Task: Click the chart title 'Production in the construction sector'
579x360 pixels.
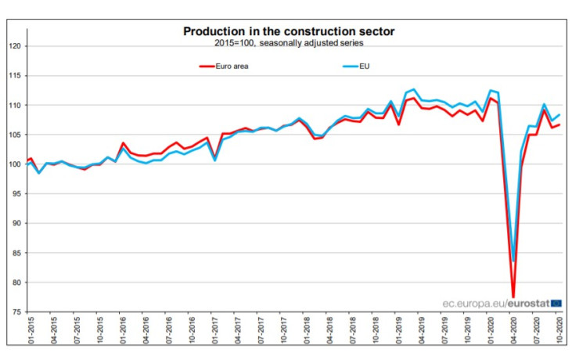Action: tap(289, 31)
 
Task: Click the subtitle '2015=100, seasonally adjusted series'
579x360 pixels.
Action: tap(289, 43)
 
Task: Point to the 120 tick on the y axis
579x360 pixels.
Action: tap(14, 46)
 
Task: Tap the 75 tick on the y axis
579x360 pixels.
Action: tap(16, 312)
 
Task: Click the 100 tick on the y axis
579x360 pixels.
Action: tap(14, 164)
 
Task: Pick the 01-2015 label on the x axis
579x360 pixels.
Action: tap(30, 331)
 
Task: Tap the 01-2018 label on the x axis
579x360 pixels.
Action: tap(307, 331)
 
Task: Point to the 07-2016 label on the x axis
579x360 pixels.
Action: tap(168, 331)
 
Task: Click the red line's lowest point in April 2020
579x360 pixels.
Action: tap(513, 297)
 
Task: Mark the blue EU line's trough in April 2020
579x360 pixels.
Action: tap(514, 261)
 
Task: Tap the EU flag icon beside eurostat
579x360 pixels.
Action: tap(556, 303)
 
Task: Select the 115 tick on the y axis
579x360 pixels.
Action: tap(14, 76)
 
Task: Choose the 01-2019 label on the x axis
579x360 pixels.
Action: tap(399, 331)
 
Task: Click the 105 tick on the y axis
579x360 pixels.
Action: tap(14, 135)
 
